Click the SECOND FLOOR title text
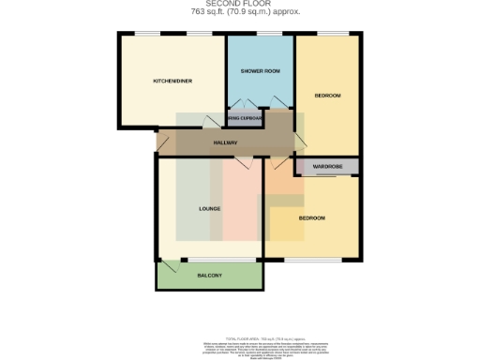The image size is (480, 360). pyautogui.click(x=239, y=5)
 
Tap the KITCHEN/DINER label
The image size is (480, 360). pyautogui.click(x=172, y=82)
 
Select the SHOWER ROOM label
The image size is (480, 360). pyautogui.click(x=261, y=71)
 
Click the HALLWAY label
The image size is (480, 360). pyautogui.click(x=225, y=142)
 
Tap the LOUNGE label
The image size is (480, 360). pyautogui.click(x=209, y=208)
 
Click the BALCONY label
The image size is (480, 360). pyautogui.click(x=210, y=276)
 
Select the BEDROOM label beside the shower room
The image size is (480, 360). pyautogui.click(x=327, y=96)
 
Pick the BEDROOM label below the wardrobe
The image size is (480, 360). pyautogui.click(x=312, y=218)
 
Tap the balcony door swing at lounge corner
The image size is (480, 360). pyautogui.click(x=169, y=266)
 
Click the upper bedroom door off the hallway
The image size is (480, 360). pyautogui.click(x=301, y=141)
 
